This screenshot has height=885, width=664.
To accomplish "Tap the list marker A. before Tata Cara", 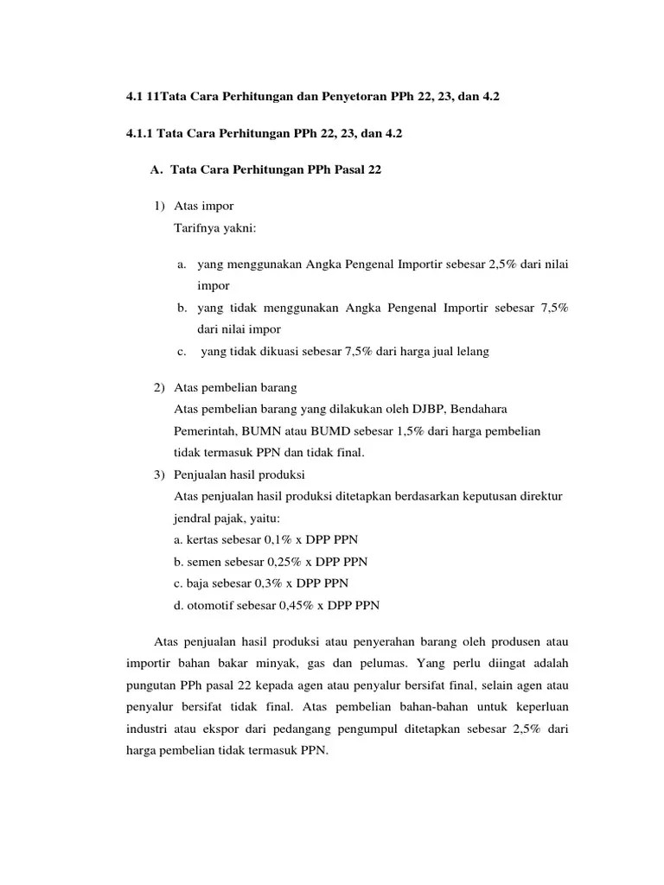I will coord(156,170).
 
